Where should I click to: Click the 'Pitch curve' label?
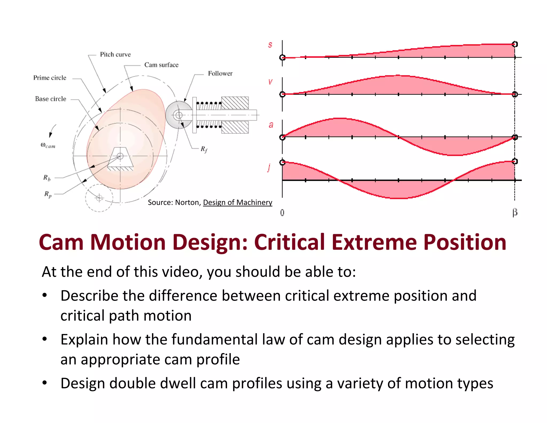coord(115,55)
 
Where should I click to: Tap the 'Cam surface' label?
coord(161,65)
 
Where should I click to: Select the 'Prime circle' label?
coord(50,78)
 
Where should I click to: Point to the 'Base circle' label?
coord(50,99)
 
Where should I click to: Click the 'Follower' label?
coord(220,74)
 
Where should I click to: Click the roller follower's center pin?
coord(179,115)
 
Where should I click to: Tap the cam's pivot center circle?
coord(120,156)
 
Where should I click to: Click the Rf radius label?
coord(204,149)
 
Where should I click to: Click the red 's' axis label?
coord(270,45)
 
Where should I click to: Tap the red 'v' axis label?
coord(270,82)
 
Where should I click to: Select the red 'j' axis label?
coord(269,168)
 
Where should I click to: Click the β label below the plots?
coord(515,213)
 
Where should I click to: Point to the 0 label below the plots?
coord(282,213)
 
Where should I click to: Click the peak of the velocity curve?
coord(398,75)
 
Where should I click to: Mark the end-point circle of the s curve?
coord(515,44)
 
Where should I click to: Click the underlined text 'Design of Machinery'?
coord(237,202)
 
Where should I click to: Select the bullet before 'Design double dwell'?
coord(45,383)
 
